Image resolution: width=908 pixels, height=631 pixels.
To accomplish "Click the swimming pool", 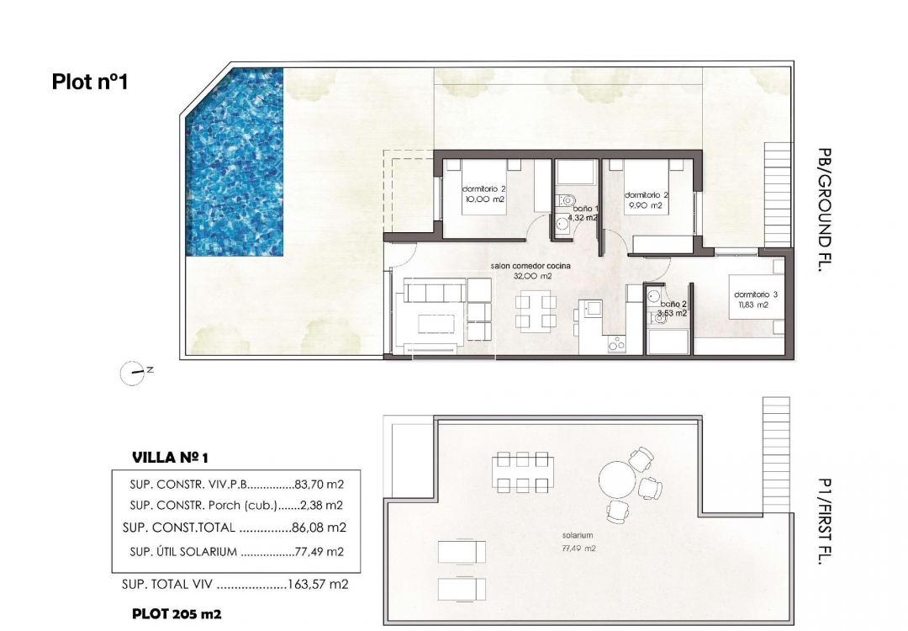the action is [x=235, y=162].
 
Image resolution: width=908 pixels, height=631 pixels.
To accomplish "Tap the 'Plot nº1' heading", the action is [x=90, y=81].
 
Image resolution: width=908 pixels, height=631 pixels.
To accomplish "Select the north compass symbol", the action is [x=133, y=374].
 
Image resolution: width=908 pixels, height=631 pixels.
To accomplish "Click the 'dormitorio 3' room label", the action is [x=756, y=294].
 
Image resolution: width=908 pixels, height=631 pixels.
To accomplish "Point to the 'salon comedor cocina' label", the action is [x=531, y=266].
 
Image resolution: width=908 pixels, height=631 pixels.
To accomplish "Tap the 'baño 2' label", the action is [x=673, y=304].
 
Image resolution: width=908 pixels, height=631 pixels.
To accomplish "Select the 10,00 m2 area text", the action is [x=485, y=199].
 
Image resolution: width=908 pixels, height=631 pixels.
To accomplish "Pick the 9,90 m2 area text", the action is [x=647, y=205].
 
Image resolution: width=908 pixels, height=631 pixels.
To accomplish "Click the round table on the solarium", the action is [x=618, y=480].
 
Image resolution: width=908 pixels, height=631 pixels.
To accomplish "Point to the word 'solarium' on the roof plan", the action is [x=578, y=535].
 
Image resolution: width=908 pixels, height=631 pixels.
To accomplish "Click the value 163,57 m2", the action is [x=318, y=584].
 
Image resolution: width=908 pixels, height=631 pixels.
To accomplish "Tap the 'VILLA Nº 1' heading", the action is [x=170, y=458].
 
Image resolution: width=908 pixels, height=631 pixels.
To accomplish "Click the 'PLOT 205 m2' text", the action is [x=177, y=614].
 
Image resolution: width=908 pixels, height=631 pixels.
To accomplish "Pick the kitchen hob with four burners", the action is [x=616, y=344].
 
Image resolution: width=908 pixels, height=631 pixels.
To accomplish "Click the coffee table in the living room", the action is [x=437, y=324].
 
